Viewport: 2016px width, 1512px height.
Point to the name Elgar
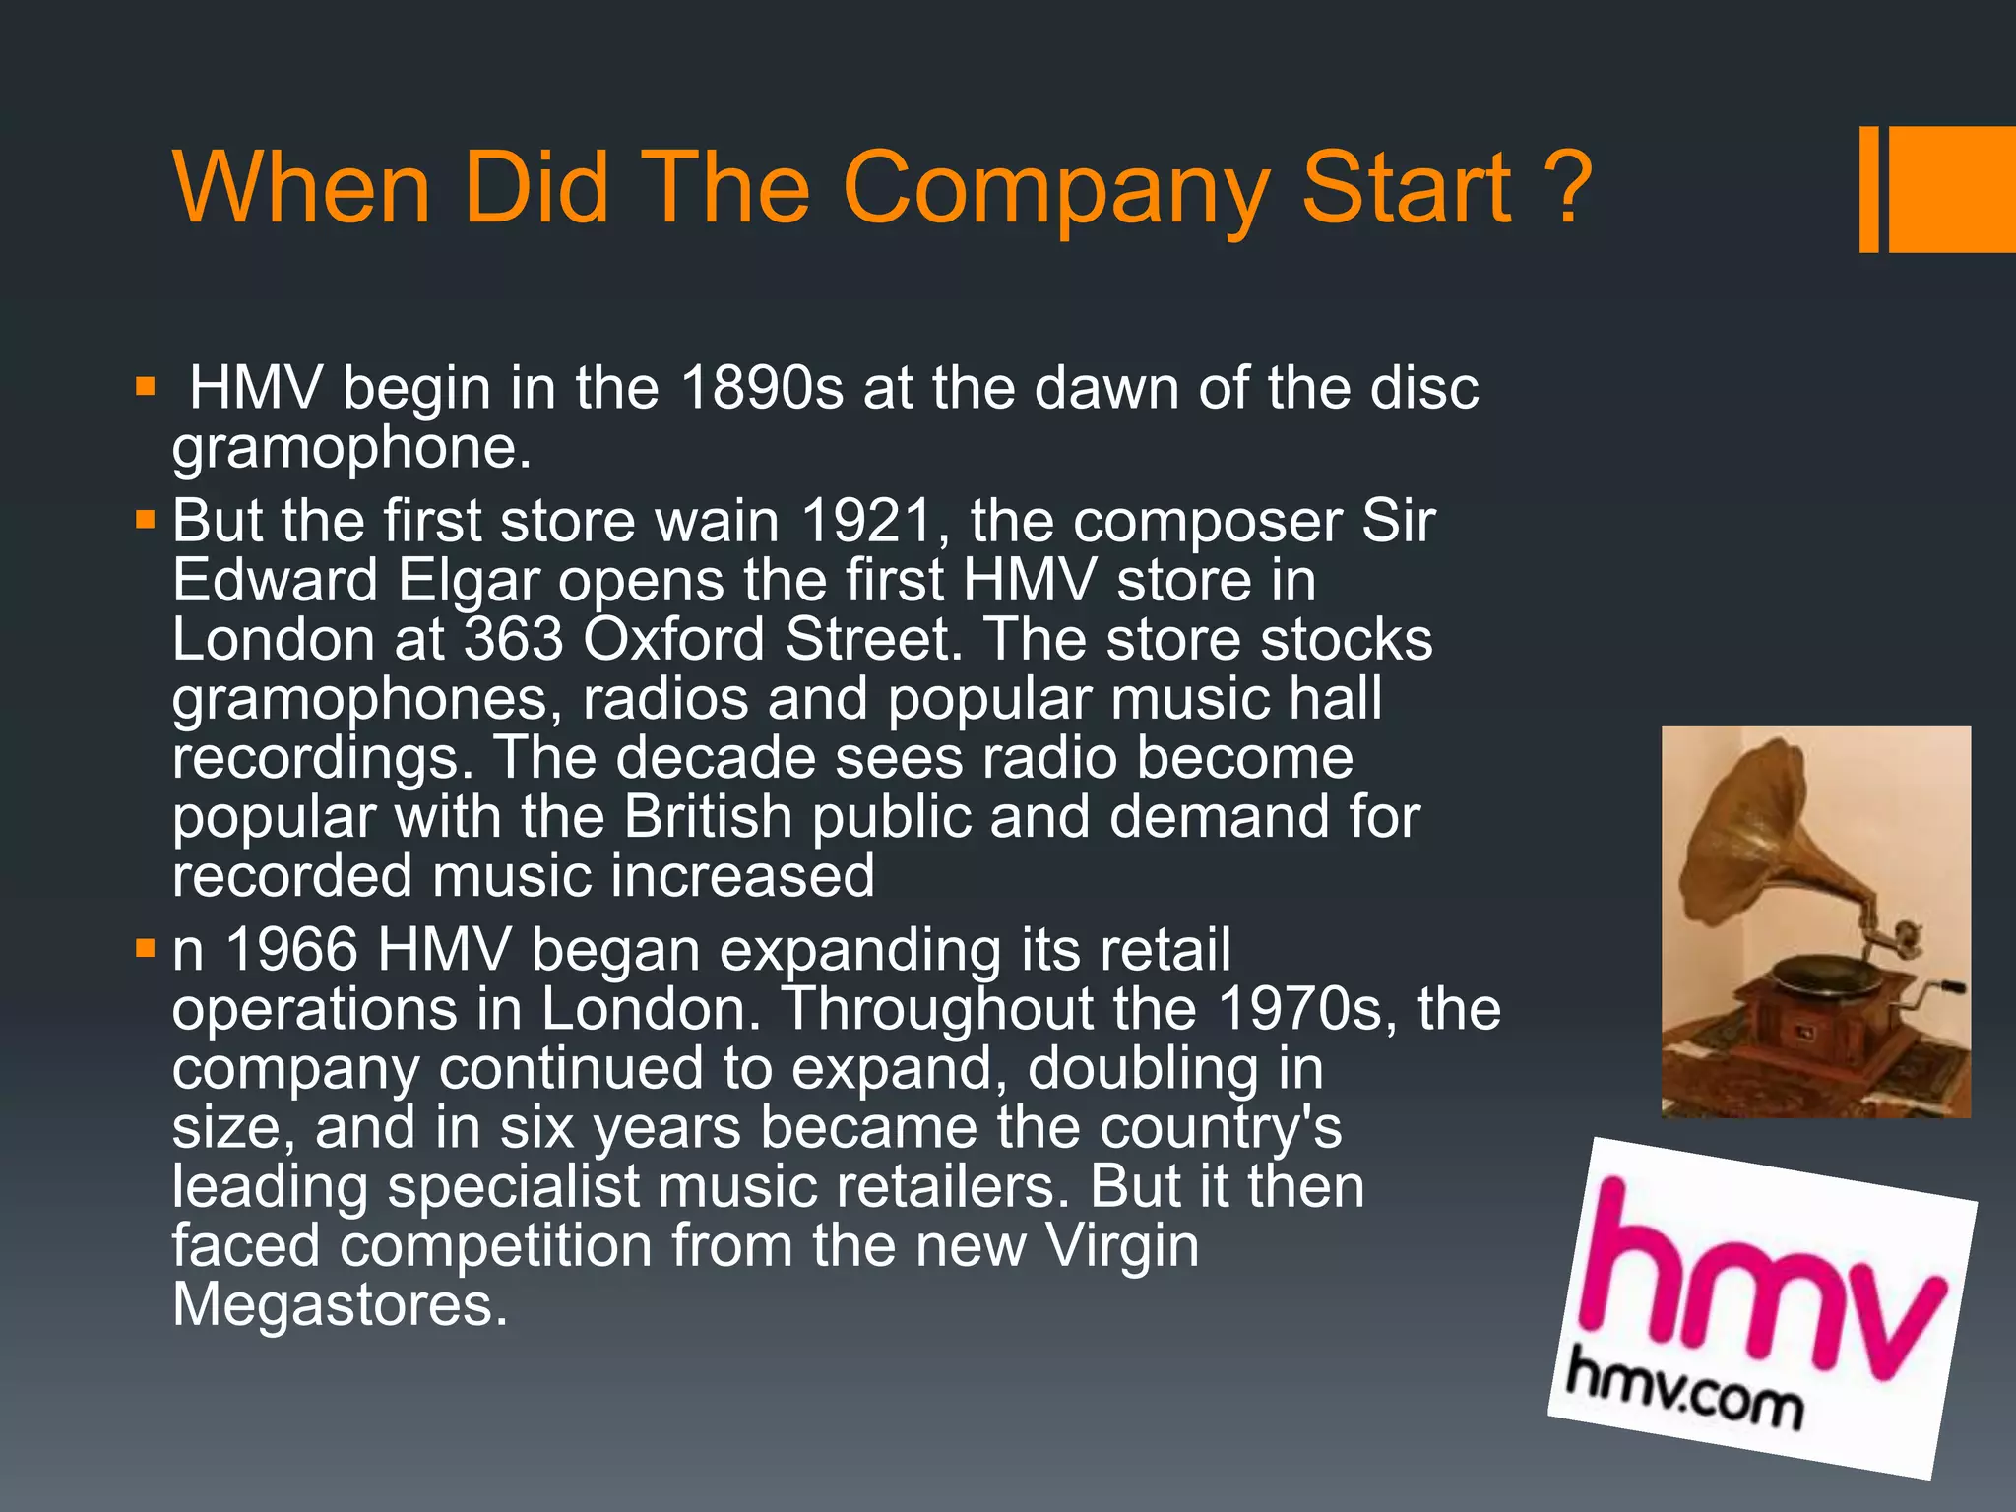(x=469, y=580)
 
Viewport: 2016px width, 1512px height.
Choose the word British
(x=709, y=817)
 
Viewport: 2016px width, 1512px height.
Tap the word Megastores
(x=340, y=1305)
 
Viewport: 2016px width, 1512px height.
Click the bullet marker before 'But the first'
(x=146, y=518)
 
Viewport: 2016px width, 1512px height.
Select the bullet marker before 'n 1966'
(x=146, y=948)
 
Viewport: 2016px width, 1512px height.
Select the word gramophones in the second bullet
(x=359, y=699)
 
